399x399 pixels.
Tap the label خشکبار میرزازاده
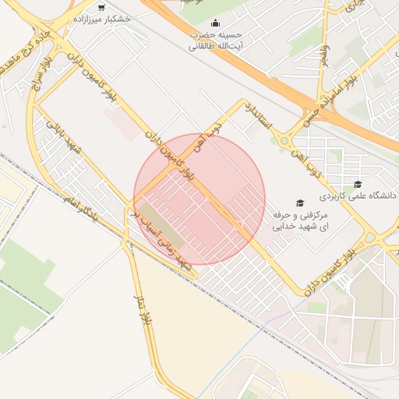101,18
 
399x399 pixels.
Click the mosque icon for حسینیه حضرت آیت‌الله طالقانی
216,23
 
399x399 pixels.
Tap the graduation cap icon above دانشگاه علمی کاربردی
358,185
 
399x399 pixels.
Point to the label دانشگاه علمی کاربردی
365,196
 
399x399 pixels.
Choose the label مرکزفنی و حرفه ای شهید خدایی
301,221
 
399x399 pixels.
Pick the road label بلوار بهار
146,308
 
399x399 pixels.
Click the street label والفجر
324,55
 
